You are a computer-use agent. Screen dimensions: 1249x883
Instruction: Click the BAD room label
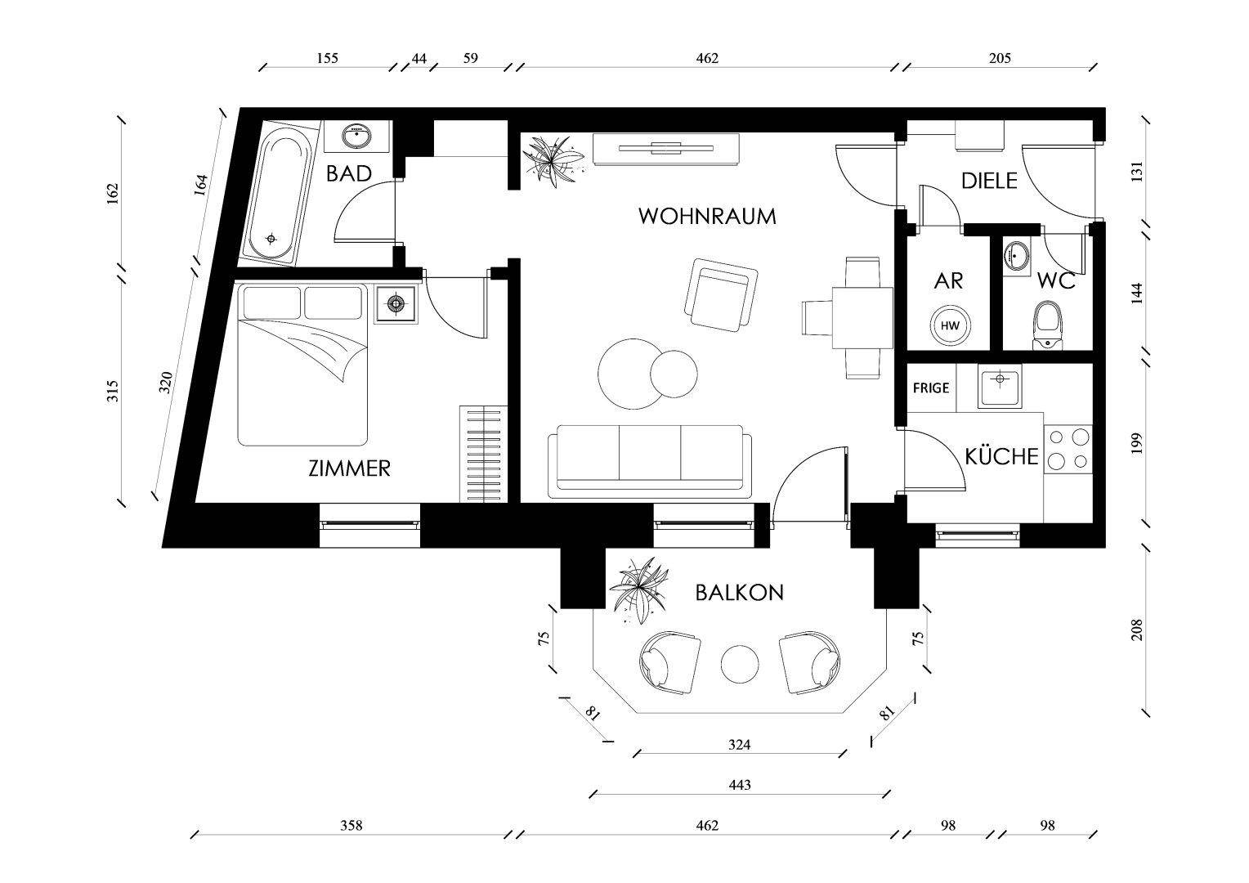pos(348,173)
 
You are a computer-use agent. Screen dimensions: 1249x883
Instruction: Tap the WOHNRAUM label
pos(706,217)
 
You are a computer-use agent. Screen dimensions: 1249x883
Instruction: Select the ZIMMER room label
pos(349,468)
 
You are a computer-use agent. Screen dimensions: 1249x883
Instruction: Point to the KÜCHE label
pos(1001,456)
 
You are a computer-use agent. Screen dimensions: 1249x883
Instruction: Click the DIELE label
pos(988,181)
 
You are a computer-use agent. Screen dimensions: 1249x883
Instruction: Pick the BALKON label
pos(739,593)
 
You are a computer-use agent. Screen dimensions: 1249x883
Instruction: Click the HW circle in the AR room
pos(950,325)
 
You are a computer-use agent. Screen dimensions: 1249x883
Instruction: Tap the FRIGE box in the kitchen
pos(931,388)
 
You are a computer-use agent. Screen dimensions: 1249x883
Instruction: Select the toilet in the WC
pos(1047,325)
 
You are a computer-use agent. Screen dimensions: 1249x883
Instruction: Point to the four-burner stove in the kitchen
pos(1068,450)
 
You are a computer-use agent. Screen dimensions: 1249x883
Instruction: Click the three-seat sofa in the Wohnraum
pos(650,461)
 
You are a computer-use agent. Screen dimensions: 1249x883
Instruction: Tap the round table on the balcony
pos(741,662)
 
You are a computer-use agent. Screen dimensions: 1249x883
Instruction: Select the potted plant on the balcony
pos(639,587)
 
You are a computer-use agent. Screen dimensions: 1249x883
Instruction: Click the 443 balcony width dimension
pos(739,785)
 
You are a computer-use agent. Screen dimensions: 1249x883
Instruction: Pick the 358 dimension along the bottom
pos(351,826)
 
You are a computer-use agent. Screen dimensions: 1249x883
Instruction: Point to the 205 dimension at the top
pos(1000,58)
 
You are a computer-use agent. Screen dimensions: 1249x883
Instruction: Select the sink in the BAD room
pos(356,136)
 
